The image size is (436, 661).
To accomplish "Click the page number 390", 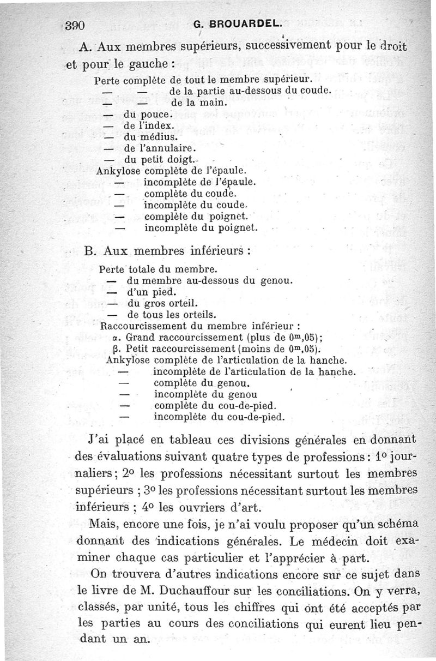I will coord(77,25).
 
